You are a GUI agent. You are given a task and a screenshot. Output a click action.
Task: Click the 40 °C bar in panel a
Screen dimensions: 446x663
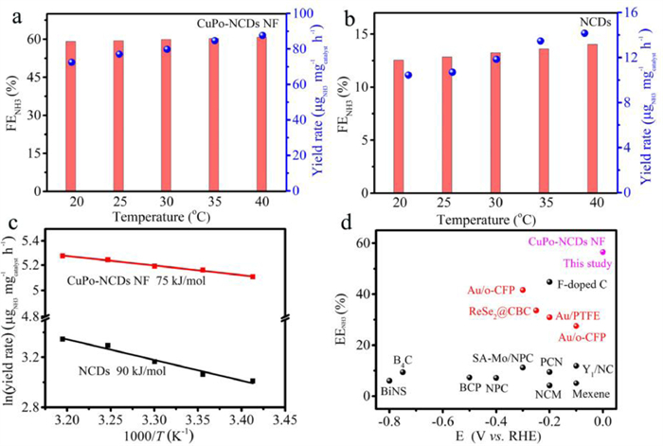(x=260, y=114)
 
